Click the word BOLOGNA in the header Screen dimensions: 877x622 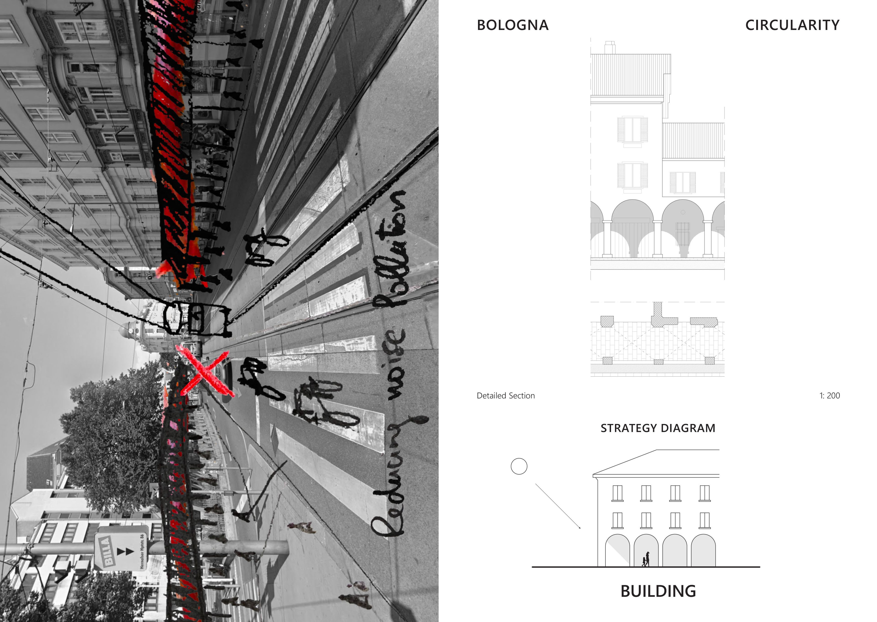point(512,25)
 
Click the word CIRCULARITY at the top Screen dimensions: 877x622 point(792,25)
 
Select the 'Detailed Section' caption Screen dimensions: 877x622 point(505,396)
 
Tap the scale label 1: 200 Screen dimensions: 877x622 point(829,396)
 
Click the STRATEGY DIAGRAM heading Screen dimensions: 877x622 point(658,428)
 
